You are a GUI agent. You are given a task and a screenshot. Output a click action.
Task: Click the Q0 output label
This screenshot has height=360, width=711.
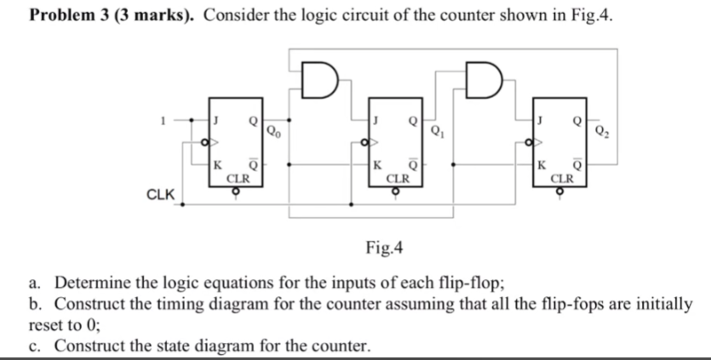[x=272, y=131]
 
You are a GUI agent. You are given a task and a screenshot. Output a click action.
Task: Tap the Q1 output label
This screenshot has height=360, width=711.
[x=437, y=131]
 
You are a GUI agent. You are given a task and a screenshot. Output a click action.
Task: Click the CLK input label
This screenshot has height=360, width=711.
[x=160, y=194]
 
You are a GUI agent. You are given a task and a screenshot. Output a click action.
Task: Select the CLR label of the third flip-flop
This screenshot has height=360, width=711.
[x=563, y=179]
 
